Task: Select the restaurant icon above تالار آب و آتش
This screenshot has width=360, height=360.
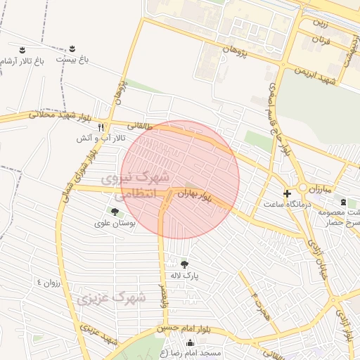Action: point(101,128)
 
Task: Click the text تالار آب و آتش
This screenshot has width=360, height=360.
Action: point(101,139)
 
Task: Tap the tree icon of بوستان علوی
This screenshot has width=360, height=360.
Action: point(113,212)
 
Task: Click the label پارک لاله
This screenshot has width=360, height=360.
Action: point(185,276)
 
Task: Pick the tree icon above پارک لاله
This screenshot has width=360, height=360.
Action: point(185,264)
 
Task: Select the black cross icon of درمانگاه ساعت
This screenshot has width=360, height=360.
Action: point(286,193)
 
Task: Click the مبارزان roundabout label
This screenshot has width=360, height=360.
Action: point(319,189)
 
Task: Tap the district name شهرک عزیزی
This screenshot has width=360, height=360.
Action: point(112,298)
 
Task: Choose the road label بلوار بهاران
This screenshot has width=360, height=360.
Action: point(194,193)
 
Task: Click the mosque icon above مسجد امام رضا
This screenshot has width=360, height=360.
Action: point(189,342)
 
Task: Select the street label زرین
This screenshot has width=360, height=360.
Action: point(321,22)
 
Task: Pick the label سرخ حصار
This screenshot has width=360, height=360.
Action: point(343,223)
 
